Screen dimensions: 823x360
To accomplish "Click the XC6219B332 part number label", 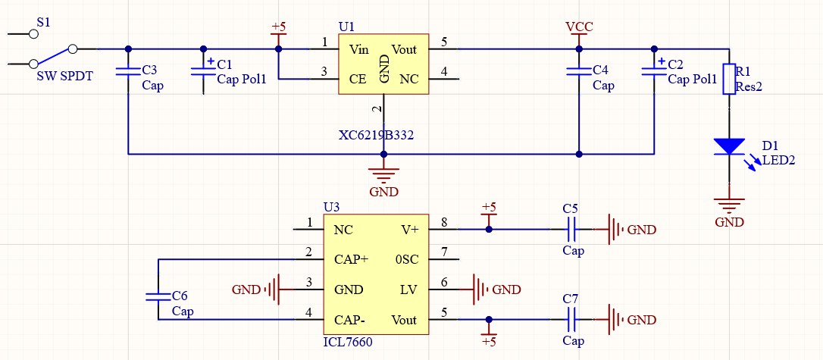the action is click(x=377, y=136).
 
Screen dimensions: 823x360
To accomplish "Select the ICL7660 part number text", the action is click(x=348, y=343).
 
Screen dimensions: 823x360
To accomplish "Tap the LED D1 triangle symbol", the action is click(x=729, y=146).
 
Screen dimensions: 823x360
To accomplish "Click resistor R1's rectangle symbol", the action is click(x=729, y=79).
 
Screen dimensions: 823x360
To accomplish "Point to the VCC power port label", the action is click(x=579, y=27).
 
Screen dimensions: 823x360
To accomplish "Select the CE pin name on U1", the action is click(x=358, y=80).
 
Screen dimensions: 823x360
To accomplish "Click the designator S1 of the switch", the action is click(x=44, y=22).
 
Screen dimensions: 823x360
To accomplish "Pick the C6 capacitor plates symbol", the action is click(x=158, y=296).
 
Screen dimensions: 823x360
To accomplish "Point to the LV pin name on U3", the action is click(x=408, y=290).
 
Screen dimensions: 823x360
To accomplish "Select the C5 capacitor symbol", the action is click(x=571, y=230).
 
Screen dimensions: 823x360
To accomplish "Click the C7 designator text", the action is click(x=571, y=299).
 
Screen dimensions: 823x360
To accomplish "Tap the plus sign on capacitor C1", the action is click(x=211, y=61).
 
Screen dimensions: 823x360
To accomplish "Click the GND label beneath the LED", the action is click(x=730, y=222).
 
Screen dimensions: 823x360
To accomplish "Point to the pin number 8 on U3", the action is click(x=443, y=223).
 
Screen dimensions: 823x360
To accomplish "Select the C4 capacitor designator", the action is click(x=600, y=70).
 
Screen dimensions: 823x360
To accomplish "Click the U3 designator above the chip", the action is click(x=332, y=208).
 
